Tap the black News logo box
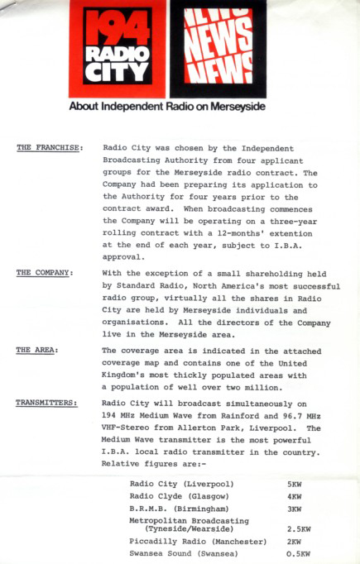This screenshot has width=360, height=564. (218, 50)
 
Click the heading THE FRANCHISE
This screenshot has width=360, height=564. (50, 148)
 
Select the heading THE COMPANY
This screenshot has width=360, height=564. (46, 272)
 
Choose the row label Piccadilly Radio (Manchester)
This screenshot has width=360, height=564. (198, 541)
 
